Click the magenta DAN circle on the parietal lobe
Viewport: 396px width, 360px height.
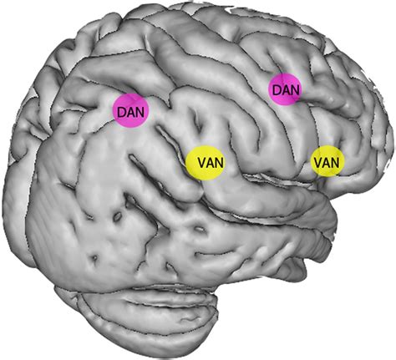[x=130, y=110]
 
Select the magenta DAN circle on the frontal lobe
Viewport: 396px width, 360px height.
[x=285, y=89]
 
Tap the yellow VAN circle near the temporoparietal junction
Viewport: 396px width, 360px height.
[x=206, y=163]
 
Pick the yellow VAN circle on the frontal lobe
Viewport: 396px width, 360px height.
[x=327, y=161]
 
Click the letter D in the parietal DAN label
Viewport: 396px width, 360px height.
[x=122, y=112]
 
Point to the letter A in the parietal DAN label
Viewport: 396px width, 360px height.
[x=131, y=112]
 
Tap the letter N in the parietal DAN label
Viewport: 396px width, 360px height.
[x=140, y=112]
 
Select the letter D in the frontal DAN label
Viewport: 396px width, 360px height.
[x=277, y=90]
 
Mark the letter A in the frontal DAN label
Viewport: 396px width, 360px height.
[x=286, y=90]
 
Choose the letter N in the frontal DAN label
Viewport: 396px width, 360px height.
[x=295, y=90]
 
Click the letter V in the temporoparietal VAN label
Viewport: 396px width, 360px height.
[x=202, y=163]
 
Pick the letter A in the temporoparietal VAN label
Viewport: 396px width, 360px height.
[x=211, y=163]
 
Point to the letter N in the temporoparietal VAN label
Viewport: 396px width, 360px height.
[x=220, y=163]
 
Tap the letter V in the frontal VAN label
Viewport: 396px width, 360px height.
[x=318, y=162]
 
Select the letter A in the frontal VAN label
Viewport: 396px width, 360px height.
[x=327, y=162]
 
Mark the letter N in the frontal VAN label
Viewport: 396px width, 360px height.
[x=336, y=162]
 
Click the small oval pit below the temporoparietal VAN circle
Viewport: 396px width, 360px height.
[x=200, y=229]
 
